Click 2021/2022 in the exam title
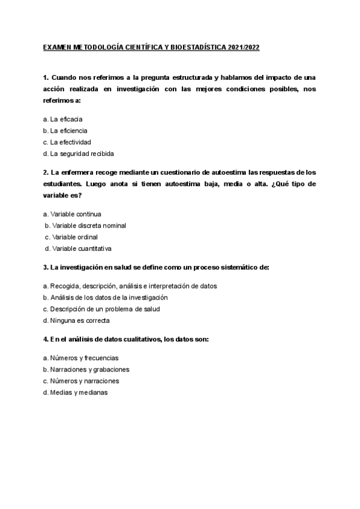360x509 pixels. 244,47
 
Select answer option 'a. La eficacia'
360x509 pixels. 63,119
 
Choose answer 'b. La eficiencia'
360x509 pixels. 65,130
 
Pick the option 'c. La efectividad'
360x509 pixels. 67,142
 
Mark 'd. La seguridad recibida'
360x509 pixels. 79,153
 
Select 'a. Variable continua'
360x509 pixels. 73,214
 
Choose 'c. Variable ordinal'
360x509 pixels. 71,236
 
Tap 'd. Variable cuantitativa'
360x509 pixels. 79,248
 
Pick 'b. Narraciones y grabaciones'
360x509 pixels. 86,369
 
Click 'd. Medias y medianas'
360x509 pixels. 76,392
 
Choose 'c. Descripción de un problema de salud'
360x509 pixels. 101,309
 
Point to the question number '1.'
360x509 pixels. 46,78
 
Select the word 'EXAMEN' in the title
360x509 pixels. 58,47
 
